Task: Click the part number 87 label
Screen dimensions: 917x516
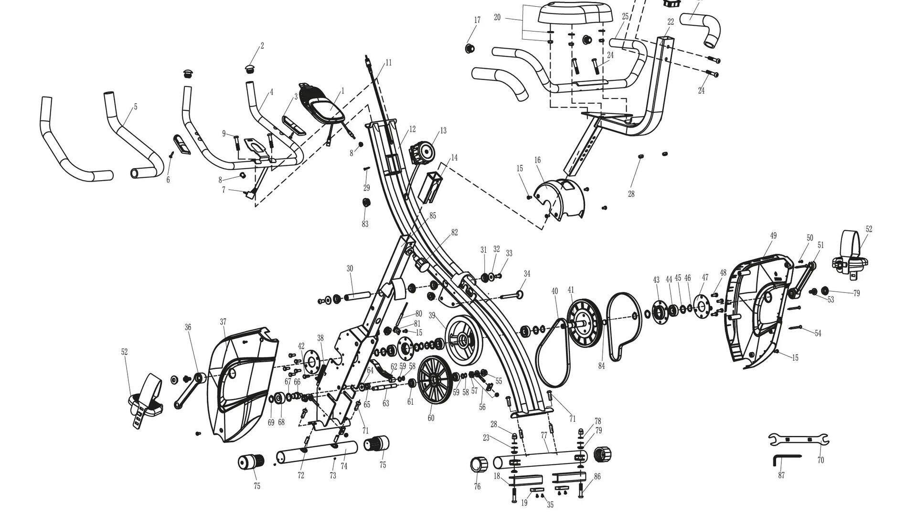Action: click(781, 475)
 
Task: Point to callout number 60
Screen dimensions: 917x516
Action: click(431, 418)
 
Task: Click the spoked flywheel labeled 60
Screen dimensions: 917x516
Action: click(435, 380)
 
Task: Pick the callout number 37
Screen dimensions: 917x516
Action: click(223, 322)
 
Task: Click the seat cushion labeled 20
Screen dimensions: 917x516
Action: click(576, 13)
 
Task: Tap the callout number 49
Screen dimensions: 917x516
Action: click(773, 236)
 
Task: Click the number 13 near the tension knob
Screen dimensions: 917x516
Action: click(443, 130)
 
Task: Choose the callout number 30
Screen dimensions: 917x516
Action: click(350, 269)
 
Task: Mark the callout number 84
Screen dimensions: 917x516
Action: click(601, 366)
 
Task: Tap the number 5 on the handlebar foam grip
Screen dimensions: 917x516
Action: click(136, 107)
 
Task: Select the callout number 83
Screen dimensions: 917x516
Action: click(365, 224)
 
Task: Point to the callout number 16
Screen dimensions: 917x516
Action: click(537, 160)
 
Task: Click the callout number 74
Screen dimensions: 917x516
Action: click(344, 466)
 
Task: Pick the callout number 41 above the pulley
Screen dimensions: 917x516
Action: click(571, 290)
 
